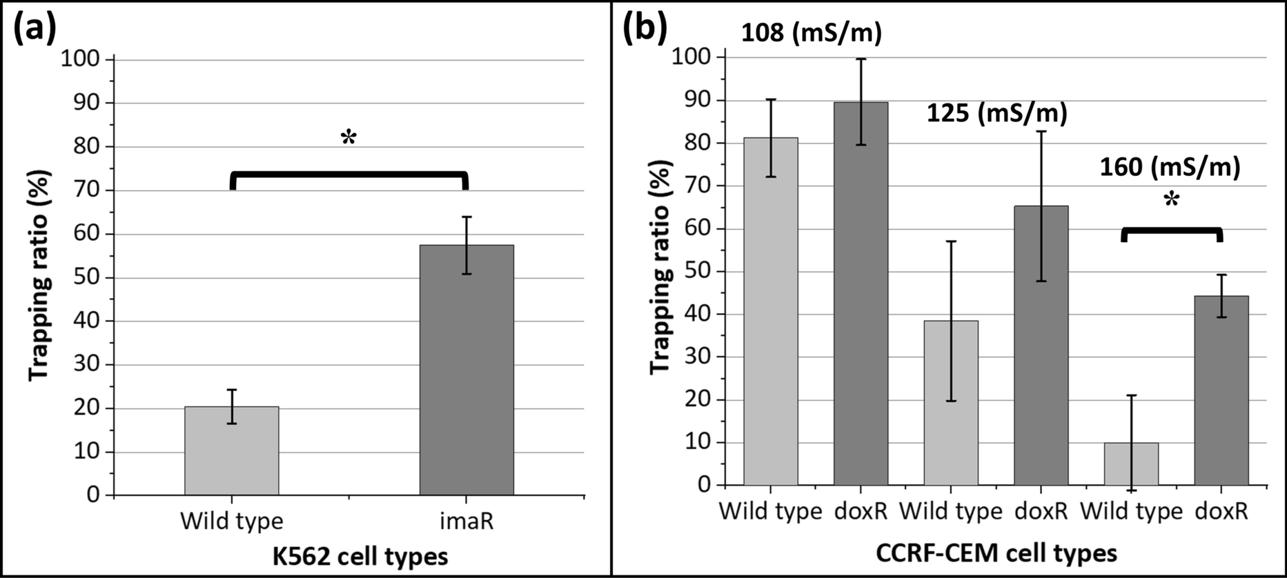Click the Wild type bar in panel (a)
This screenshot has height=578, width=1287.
click(x=231, y=451)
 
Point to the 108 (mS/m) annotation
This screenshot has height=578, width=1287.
click(x=812, y=32)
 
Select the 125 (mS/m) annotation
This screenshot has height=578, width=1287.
click(x=997, y=113)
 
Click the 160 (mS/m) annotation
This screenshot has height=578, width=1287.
click(x=1170, y=167)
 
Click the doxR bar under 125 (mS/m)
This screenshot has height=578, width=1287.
click(x=1041, y=345)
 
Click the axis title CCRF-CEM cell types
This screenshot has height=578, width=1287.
click(x=996, y=552)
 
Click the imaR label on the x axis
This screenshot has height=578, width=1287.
click(x=466, y=521)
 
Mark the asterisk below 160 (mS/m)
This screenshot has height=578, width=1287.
click(x=1171, y=201)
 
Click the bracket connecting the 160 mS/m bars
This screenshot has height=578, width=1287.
click(x=1171, y=231)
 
